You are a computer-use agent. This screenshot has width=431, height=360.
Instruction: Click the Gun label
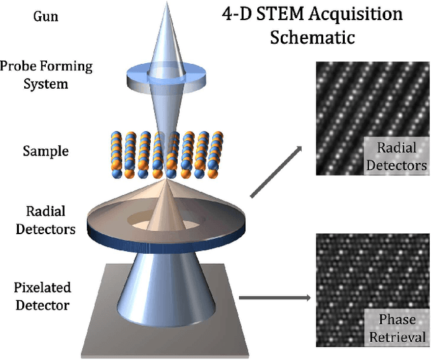coord(45,15)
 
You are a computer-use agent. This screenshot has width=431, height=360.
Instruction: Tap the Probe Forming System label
coord(46,75)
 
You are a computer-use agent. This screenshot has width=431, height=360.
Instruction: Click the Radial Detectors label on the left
coord(46,220)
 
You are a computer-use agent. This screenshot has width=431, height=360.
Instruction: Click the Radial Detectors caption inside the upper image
coord(397,156)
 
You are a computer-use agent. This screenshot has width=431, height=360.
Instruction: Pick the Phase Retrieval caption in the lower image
coord(397,328)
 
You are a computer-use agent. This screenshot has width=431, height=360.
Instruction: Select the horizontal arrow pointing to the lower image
coord(276,297)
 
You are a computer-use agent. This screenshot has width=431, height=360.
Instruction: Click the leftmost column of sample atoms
coord(113,154)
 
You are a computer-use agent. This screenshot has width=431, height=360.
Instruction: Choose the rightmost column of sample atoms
coord(217,154)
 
